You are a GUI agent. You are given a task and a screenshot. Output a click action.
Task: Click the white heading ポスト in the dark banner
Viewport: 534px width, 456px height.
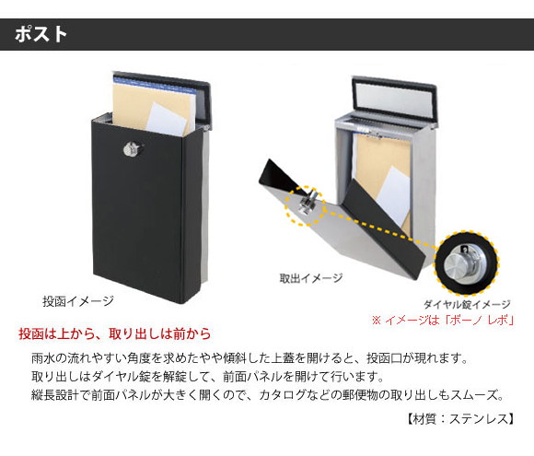tap(41, 34)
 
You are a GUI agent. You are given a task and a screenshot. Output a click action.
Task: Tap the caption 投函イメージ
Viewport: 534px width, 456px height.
tap(78, 301)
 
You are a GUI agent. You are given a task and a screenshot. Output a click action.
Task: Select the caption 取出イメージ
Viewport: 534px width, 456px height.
tap(311, 278)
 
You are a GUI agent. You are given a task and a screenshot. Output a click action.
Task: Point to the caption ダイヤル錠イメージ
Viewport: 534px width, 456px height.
tap(467, 304)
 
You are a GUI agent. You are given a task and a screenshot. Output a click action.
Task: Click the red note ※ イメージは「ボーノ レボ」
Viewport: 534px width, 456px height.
tap(443, 321)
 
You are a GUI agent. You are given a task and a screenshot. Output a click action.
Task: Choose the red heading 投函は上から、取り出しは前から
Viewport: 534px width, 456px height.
tap(115, 334)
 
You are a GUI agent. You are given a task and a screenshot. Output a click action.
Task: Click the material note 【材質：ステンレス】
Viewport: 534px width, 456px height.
tap(460, 419)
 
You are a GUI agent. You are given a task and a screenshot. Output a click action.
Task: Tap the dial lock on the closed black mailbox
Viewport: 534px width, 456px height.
tap(133, 149)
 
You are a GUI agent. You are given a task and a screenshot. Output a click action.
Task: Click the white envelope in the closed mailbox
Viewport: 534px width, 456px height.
tap(167, 119)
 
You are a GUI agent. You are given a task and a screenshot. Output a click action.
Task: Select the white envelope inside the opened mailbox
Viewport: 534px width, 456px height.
tap(395, 194)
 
